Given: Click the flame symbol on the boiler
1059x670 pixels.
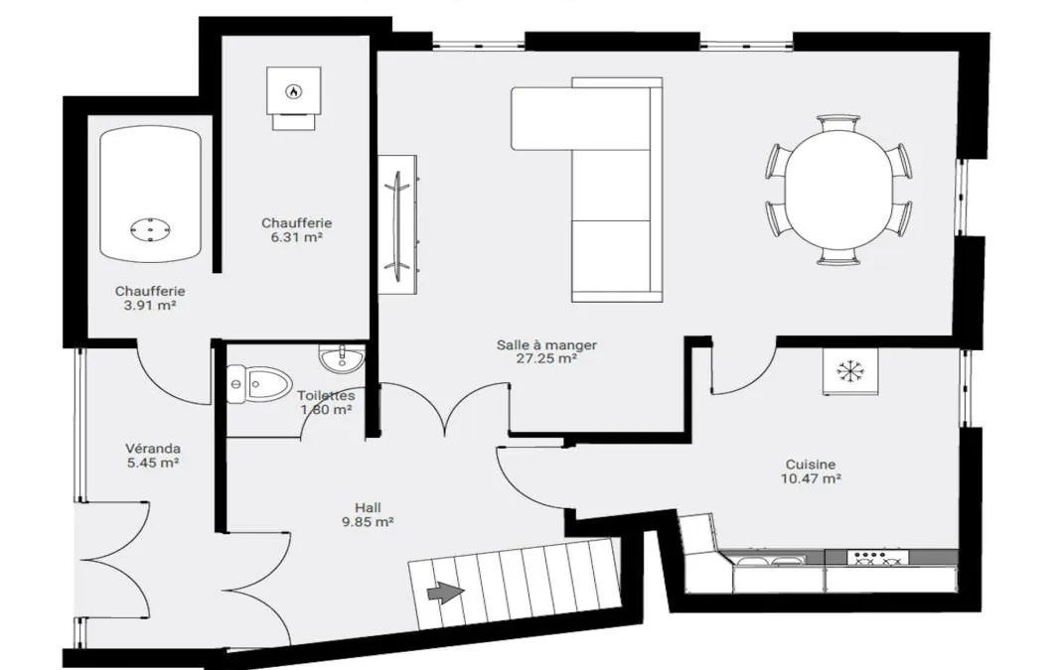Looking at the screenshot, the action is [x=293, y=90].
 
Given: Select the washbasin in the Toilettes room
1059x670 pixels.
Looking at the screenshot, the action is [x=342, y=359].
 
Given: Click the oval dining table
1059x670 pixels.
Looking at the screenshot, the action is [x=838, y=190].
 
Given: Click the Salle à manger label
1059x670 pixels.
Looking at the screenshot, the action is [x=547, y=344].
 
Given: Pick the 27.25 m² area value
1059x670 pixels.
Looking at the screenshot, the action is [x=547, y=359].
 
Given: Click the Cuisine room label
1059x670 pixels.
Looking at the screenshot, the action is [x=811, y=465].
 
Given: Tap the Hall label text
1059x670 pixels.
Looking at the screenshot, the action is [x=369, y=507].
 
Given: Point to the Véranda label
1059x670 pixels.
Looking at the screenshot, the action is [x=153, y=448].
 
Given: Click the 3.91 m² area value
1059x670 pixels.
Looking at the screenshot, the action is [x=149, y=306].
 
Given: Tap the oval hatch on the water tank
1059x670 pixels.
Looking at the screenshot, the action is [x=150, y=229].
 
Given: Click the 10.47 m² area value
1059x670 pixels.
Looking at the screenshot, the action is [x=811, y=478].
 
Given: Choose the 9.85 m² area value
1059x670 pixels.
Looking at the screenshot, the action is [x=369, y=521].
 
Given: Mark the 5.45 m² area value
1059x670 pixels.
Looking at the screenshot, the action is [x=153, y=463].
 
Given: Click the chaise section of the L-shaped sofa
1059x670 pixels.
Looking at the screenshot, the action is [x=543, y=118].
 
